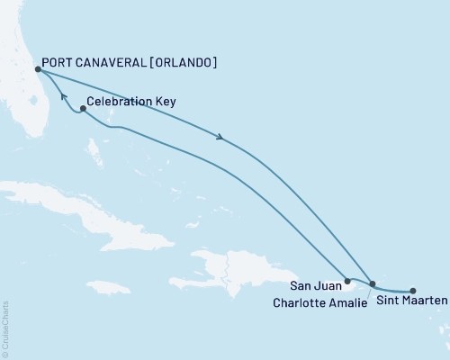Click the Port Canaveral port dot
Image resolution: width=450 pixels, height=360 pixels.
point(37,68)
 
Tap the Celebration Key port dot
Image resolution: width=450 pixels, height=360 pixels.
point(82,110)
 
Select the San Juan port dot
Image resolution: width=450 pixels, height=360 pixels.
point(347,282)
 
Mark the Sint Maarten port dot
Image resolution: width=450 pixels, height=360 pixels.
point(413,291)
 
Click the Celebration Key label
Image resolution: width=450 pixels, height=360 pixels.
point(131,103)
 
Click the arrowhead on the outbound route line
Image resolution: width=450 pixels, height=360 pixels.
point(219,137)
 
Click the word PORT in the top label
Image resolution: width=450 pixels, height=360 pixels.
point(59,63)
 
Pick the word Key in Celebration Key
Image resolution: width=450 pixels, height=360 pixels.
point(165,103)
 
